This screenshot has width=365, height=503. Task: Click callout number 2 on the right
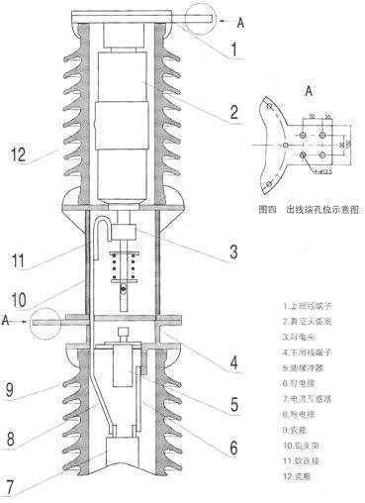click(x=233, y=110)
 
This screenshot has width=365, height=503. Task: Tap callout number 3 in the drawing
click(x=230, y=252)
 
